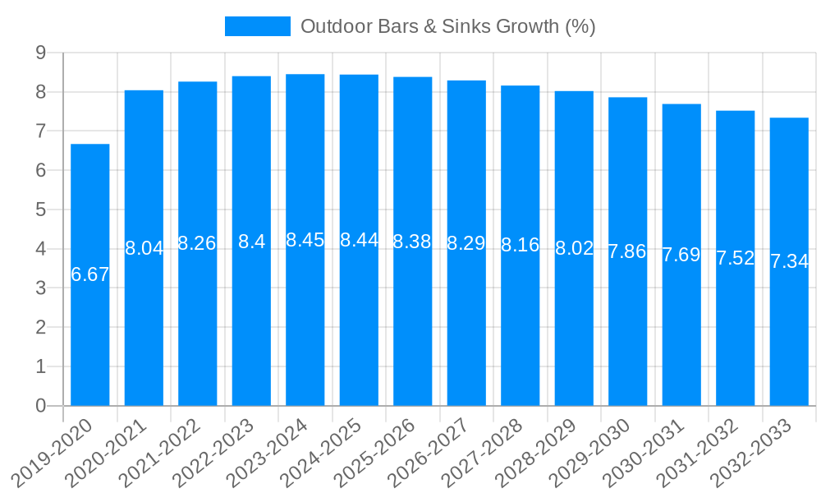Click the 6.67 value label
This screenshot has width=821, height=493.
tap(90, 274)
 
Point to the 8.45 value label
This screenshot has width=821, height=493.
tap(305, 240)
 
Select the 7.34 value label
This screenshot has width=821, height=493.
tap(789, 261)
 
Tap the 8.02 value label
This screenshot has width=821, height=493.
tap(574, 248)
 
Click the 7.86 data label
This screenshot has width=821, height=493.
tap(627, 251)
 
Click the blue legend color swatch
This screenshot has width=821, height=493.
tap(258, 26)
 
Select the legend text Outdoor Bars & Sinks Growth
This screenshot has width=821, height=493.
tap(447, 26)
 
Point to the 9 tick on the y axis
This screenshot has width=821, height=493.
tap(40, 53)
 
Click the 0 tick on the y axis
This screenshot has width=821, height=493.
tap(40, 406)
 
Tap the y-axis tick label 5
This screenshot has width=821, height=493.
tap(40, 210)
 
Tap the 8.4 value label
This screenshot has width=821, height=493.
tap(251, 242)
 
